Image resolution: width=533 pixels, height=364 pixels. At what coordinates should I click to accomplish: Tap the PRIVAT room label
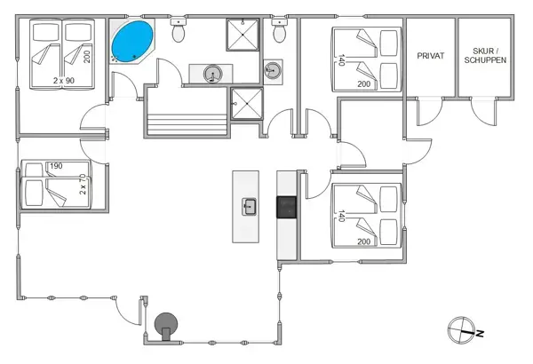pos(430,56)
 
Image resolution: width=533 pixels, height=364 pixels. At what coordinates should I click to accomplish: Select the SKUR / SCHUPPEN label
pos(485,56)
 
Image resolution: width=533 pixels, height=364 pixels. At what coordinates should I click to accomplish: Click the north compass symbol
pos(463,330)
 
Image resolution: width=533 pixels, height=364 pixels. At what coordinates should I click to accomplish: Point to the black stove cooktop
pos(286,208)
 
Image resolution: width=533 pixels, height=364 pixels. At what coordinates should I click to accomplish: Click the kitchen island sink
pos(250,208)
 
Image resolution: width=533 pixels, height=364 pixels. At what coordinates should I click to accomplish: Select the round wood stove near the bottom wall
pos(166,326)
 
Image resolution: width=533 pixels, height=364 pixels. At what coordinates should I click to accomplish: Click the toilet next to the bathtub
pos(179,33)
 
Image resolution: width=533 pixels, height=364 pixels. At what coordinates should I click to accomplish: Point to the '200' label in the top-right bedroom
pos(364,84)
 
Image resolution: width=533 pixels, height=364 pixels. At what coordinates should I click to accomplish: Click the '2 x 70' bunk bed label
pos(83,184)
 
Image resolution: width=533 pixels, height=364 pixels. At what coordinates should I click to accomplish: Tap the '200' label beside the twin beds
pos(87,57)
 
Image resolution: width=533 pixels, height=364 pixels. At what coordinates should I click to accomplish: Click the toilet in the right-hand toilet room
pos(281,33)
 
